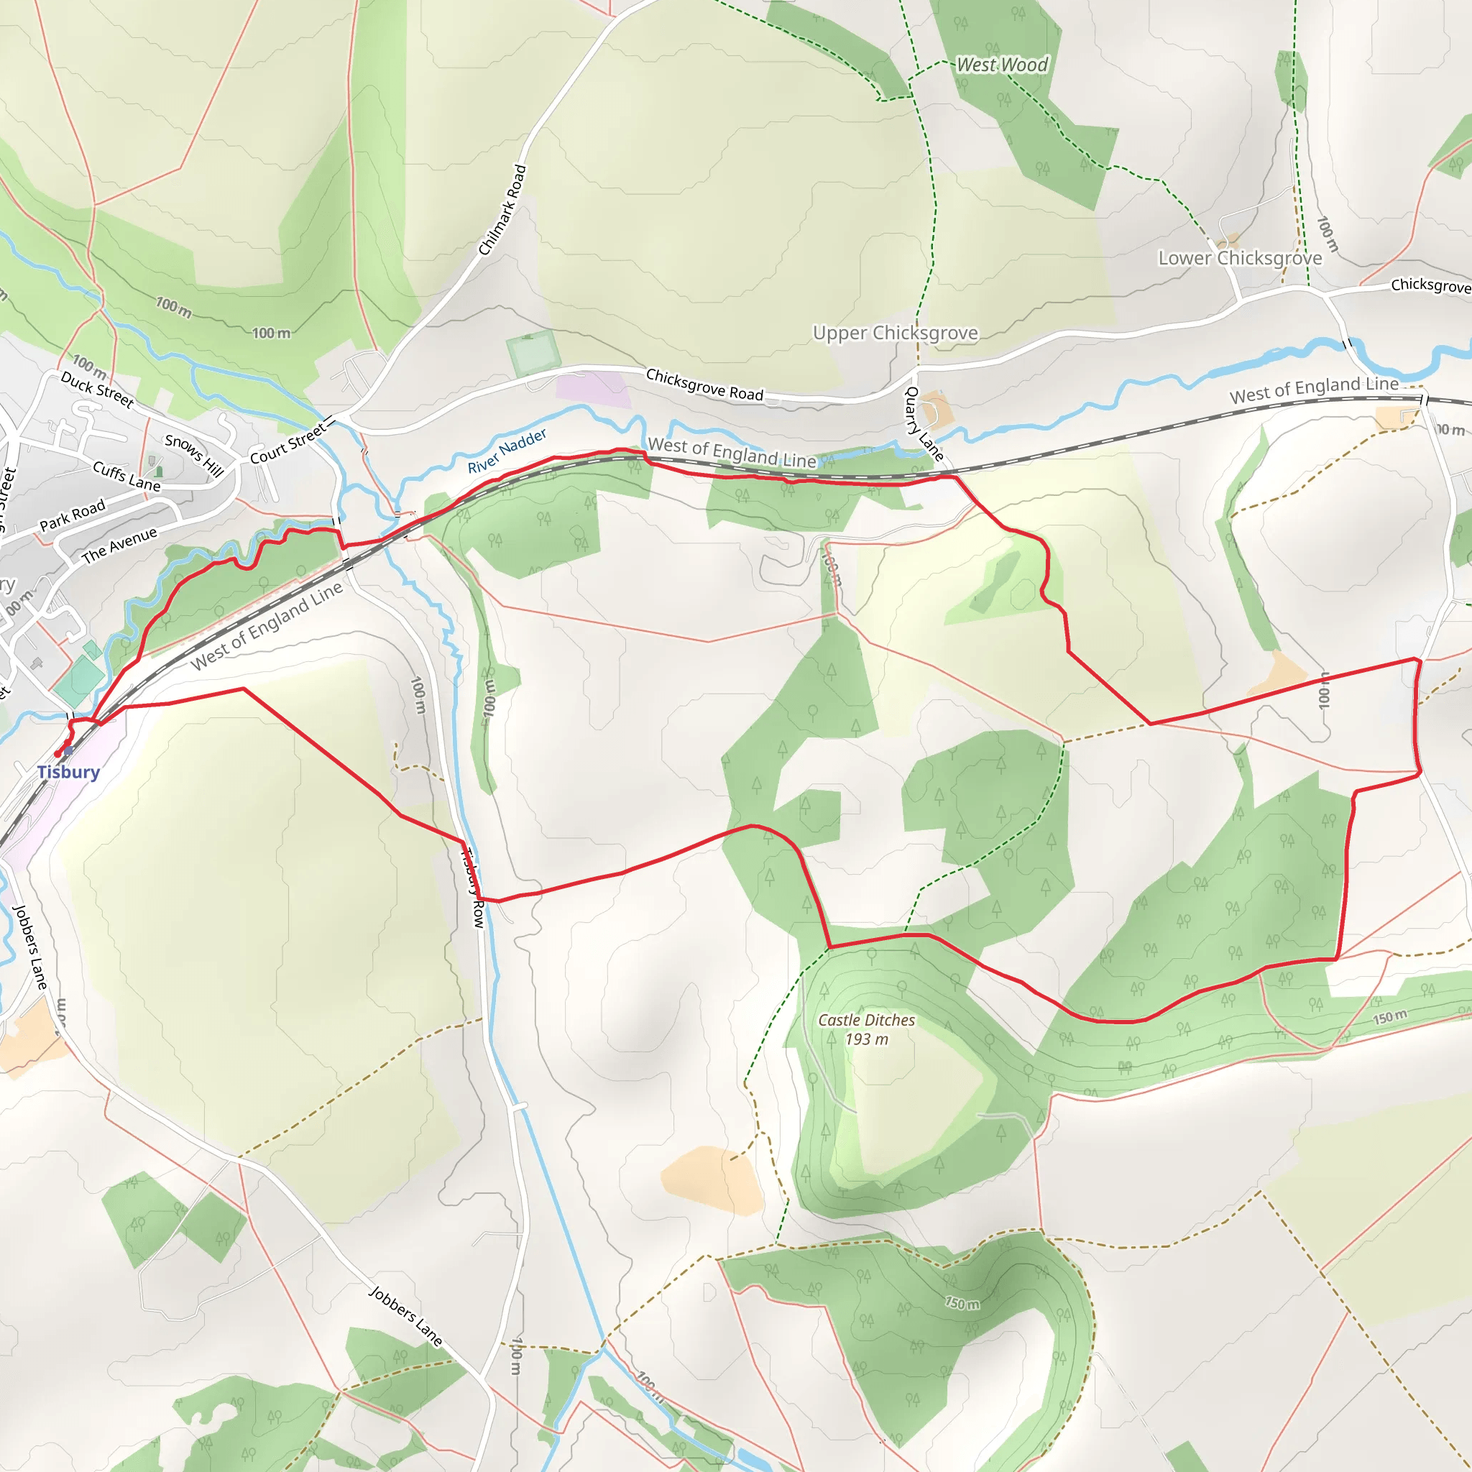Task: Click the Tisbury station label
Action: click(x=68, y=772)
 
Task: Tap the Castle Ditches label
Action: click(x=866, y=1019)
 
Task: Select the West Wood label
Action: click(x=1002, y=65)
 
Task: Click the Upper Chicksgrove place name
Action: click(x=896, y=333)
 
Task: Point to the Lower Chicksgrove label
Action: click(x=1240, y=258)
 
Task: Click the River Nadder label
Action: click(x=507, y=451)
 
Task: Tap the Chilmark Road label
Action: click(x=502, y=211)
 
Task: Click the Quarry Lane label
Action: click(x=924, y=423)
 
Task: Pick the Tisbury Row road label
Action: click(x=472, y=888)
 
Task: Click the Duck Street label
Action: click(x=98, y=390)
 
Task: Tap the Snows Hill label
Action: click(x=194, y=456)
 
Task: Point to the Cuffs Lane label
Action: click(x=126, y=477)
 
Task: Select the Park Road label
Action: click(x=73, y=515)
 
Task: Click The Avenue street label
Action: click(x=119, y=545)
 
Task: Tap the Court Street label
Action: click(x=288, y=444)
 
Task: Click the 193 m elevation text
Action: click(x=866, y=1039)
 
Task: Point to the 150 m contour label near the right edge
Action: click(x=1391, y=1017)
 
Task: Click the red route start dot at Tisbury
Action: click(x=58, y=753)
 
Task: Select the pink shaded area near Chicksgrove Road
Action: click(x=592, y=390)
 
